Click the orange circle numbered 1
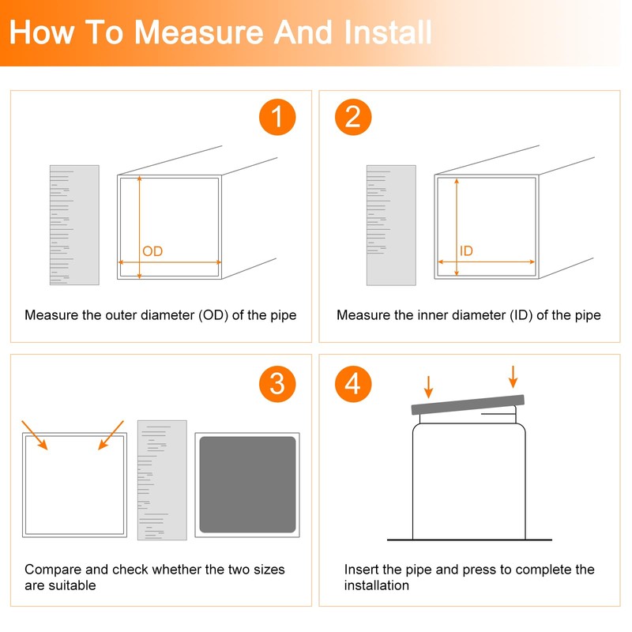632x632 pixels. click(x=277, y=117)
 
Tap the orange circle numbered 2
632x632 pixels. click(x=353, y=117)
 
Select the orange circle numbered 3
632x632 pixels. click(x=277, y=384)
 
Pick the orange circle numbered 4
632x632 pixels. click(x=353, y=384)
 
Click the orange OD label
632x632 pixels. click(x=152, y=251)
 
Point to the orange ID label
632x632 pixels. click(x=466, y=250)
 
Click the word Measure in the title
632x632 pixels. click(x=199, y=32)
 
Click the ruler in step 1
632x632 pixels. click(x=74, y=225)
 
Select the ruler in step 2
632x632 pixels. click(x=391, y=225)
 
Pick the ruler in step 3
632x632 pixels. click(x=162, y=480)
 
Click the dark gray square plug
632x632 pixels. click(x=247, y=484)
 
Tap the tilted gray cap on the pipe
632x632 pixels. click(x=468, y=404)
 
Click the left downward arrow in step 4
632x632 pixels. click(x=428, y=387)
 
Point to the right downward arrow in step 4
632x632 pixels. click(x=513, y=377)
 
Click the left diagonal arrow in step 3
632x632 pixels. click(x=35, y=435)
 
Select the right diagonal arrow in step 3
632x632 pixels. click(x=111, y=435)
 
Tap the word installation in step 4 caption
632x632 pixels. click(x=377, y=585)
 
